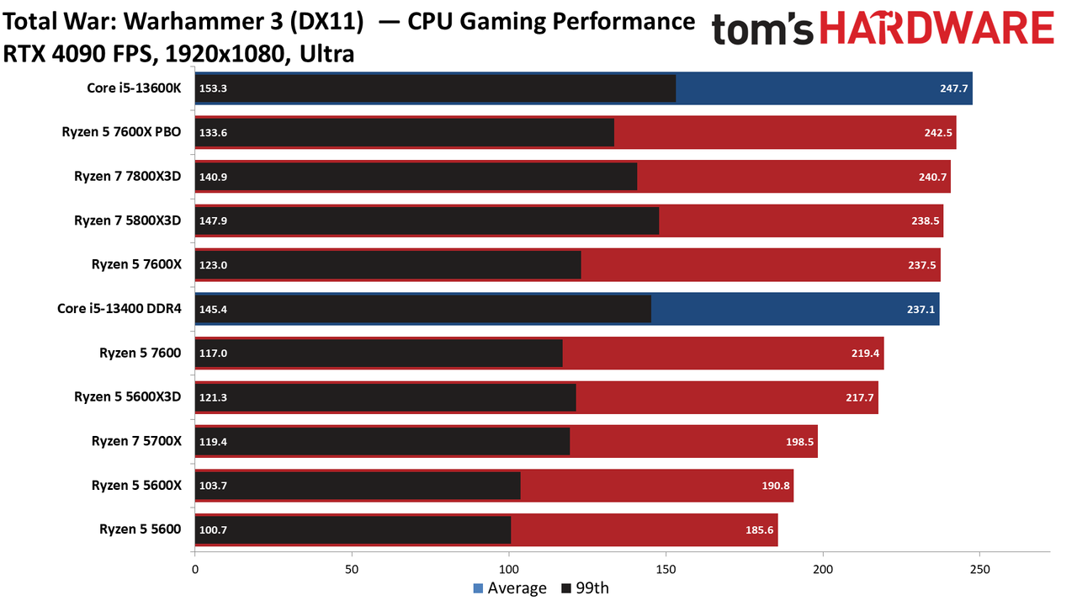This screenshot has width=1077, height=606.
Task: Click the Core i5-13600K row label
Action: [134, 88]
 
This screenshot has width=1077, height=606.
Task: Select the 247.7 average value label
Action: [954, 88]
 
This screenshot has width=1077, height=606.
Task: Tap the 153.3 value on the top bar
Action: [213, 88]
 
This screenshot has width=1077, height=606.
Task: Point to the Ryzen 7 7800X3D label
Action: [127, 177]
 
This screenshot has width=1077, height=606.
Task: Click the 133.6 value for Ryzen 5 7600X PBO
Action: [213, 133]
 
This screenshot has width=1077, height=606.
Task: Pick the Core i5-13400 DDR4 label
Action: [119, 308]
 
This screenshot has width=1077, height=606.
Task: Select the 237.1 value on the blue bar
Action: [920, 309]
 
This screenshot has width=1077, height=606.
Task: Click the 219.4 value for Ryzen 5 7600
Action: [866, 353]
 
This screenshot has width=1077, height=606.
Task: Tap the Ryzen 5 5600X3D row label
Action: [127, 396]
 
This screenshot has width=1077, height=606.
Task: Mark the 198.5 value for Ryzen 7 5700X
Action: [799, 442]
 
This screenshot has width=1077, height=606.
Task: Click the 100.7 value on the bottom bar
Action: [213, 530]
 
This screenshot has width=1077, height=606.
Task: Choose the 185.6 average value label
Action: [760, 530]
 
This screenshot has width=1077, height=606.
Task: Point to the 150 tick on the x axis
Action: [666, 570]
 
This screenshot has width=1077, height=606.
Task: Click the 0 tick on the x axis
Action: [194, 570]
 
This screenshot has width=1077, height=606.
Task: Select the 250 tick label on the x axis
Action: [980, 570]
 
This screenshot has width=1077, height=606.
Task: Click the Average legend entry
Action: [510, 588]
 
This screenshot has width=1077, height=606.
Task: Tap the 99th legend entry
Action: [585, 588]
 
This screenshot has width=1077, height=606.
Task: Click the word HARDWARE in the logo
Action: [937, 28]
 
